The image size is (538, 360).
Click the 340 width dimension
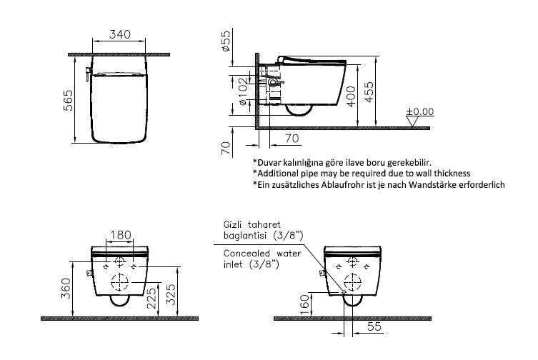coord(120,34)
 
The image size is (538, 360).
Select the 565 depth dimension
coord(69,100)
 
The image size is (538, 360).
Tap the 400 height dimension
coord(352,96)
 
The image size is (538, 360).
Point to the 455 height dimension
coord(369,91)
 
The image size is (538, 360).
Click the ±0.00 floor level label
coord(420,111)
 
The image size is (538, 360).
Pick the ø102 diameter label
coord(243,91)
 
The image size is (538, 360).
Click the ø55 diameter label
coord(226,41)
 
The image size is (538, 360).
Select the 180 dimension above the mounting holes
coord(120,235)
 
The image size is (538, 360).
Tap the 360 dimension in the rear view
coord(66,289)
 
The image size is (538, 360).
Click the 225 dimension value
coord(151,298)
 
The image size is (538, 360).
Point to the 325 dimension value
coord(171,294)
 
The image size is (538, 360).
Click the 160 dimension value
coord(304,303)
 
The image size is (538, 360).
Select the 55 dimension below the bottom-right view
coord(374,326)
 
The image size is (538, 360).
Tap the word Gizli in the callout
coord(232,225)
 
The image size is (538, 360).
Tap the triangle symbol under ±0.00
coord(412,121)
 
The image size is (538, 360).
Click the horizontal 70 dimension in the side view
coord(292,139)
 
